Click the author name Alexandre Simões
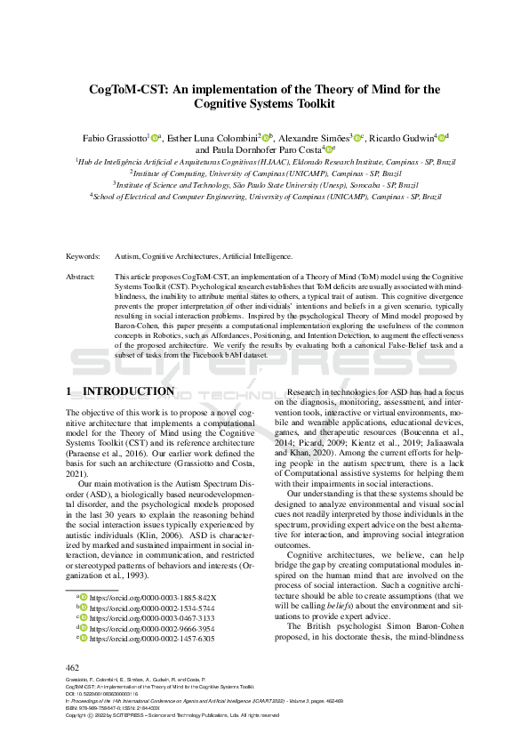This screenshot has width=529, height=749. pos(312,138)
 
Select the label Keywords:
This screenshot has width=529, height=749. pos(83,256)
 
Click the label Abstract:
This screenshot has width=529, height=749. pos(82,278)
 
